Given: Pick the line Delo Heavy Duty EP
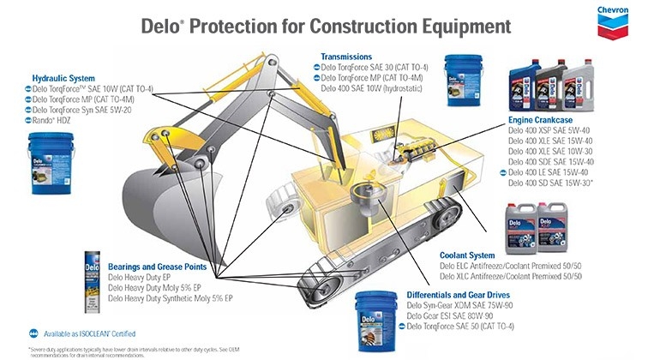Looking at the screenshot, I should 147,278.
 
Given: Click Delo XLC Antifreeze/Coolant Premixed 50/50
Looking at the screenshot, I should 511,276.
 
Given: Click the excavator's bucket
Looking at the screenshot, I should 163,192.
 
